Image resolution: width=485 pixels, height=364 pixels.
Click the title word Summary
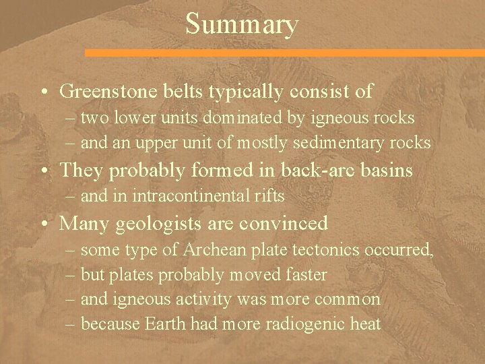coord(241,25)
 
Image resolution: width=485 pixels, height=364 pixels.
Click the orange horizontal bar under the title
coord(284,52)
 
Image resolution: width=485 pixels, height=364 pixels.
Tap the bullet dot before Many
coord(44,223)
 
